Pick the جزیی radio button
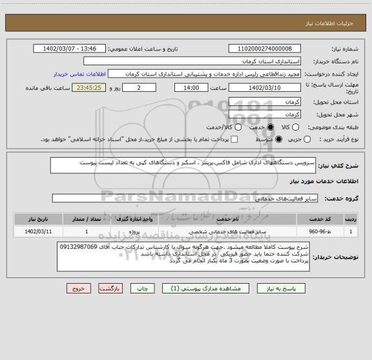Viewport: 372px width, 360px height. click(307, 139)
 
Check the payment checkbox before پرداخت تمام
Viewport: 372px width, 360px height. click(234, 139)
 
